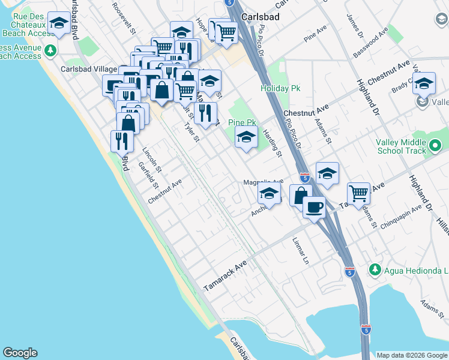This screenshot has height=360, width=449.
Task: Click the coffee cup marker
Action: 313,208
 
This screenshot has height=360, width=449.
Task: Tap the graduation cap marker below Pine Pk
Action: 246,137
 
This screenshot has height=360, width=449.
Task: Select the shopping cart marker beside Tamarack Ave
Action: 358,194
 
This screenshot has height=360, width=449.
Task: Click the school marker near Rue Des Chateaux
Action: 58,24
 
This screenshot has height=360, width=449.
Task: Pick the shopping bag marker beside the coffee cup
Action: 300,195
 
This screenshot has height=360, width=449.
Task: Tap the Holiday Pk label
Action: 280,88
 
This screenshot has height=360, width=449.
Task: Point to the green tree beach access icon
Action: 51,49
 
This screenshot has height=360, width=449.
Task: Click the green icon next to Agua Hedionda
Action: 375,269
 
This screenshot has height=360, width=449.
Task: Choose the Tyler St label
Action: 191,133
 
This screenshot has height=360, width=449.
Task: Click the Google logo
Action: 20,353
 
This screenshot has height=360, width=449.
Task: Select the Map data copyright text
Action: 412,355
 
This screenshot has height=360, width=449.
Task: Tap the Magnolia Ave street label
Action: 263,182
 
